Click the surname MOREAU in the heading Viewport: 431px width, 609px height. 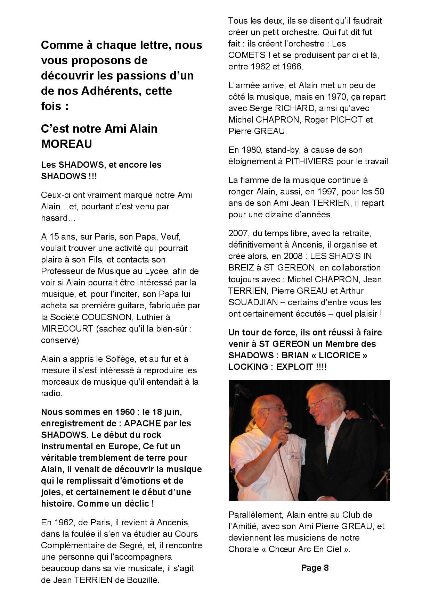66,144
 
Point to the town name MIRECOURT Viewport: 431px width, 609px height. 67,329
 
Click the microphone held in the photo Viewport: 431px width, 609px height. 287,428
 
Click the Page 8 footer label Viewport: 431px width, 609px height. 315,568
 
